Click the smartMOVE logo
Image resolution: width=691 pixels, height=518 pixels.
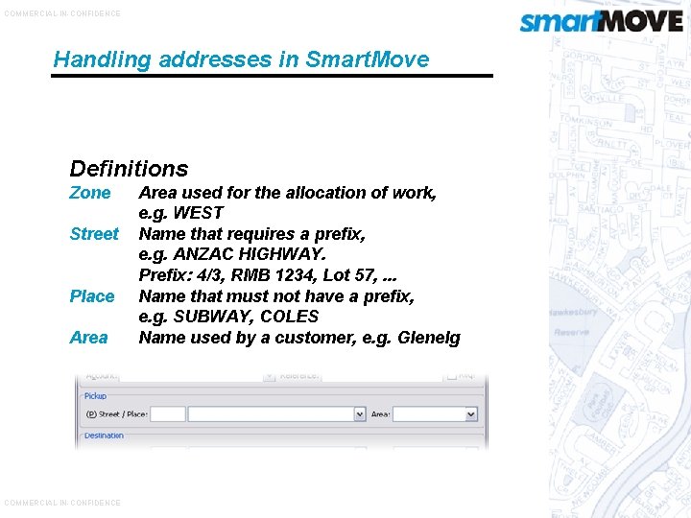click(601, 21)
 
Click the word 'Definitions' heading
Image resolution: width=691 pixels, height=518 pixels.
click(129, 169)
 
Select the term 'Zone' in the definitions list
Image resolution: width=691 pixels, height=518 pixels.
click(90, 193)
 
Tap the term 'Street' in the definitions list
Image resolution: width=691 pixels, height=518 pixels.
click(94, 234)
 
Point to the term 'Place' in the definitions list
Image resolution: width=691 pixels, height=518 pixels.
click(92, 296)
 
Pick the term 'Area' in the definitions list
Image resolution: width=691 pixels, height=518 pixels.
click(89, 338)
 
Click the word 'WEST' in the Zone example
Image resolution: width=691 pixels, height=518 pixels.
click(197, 213)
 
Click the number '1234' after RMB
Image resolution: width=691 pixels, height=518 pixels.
click(280, 275)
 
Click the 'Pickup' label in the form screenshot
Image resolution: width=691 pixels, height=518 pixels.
click(95, 395)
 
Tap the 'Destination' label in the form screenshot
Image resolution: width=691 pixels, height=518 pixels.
click(104, 436)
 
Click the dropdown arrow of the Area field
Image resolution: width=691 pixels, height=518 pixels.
click(471, 414)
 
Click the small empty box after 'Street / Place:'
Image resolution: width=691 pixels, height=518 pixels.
click(168, 414)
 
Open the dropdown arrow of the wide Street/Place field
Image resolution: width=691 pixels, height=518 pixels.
click(360, 414)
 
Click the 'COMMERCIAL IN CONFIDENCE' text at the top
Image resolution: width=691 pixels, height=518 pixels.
click(62, 13)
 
